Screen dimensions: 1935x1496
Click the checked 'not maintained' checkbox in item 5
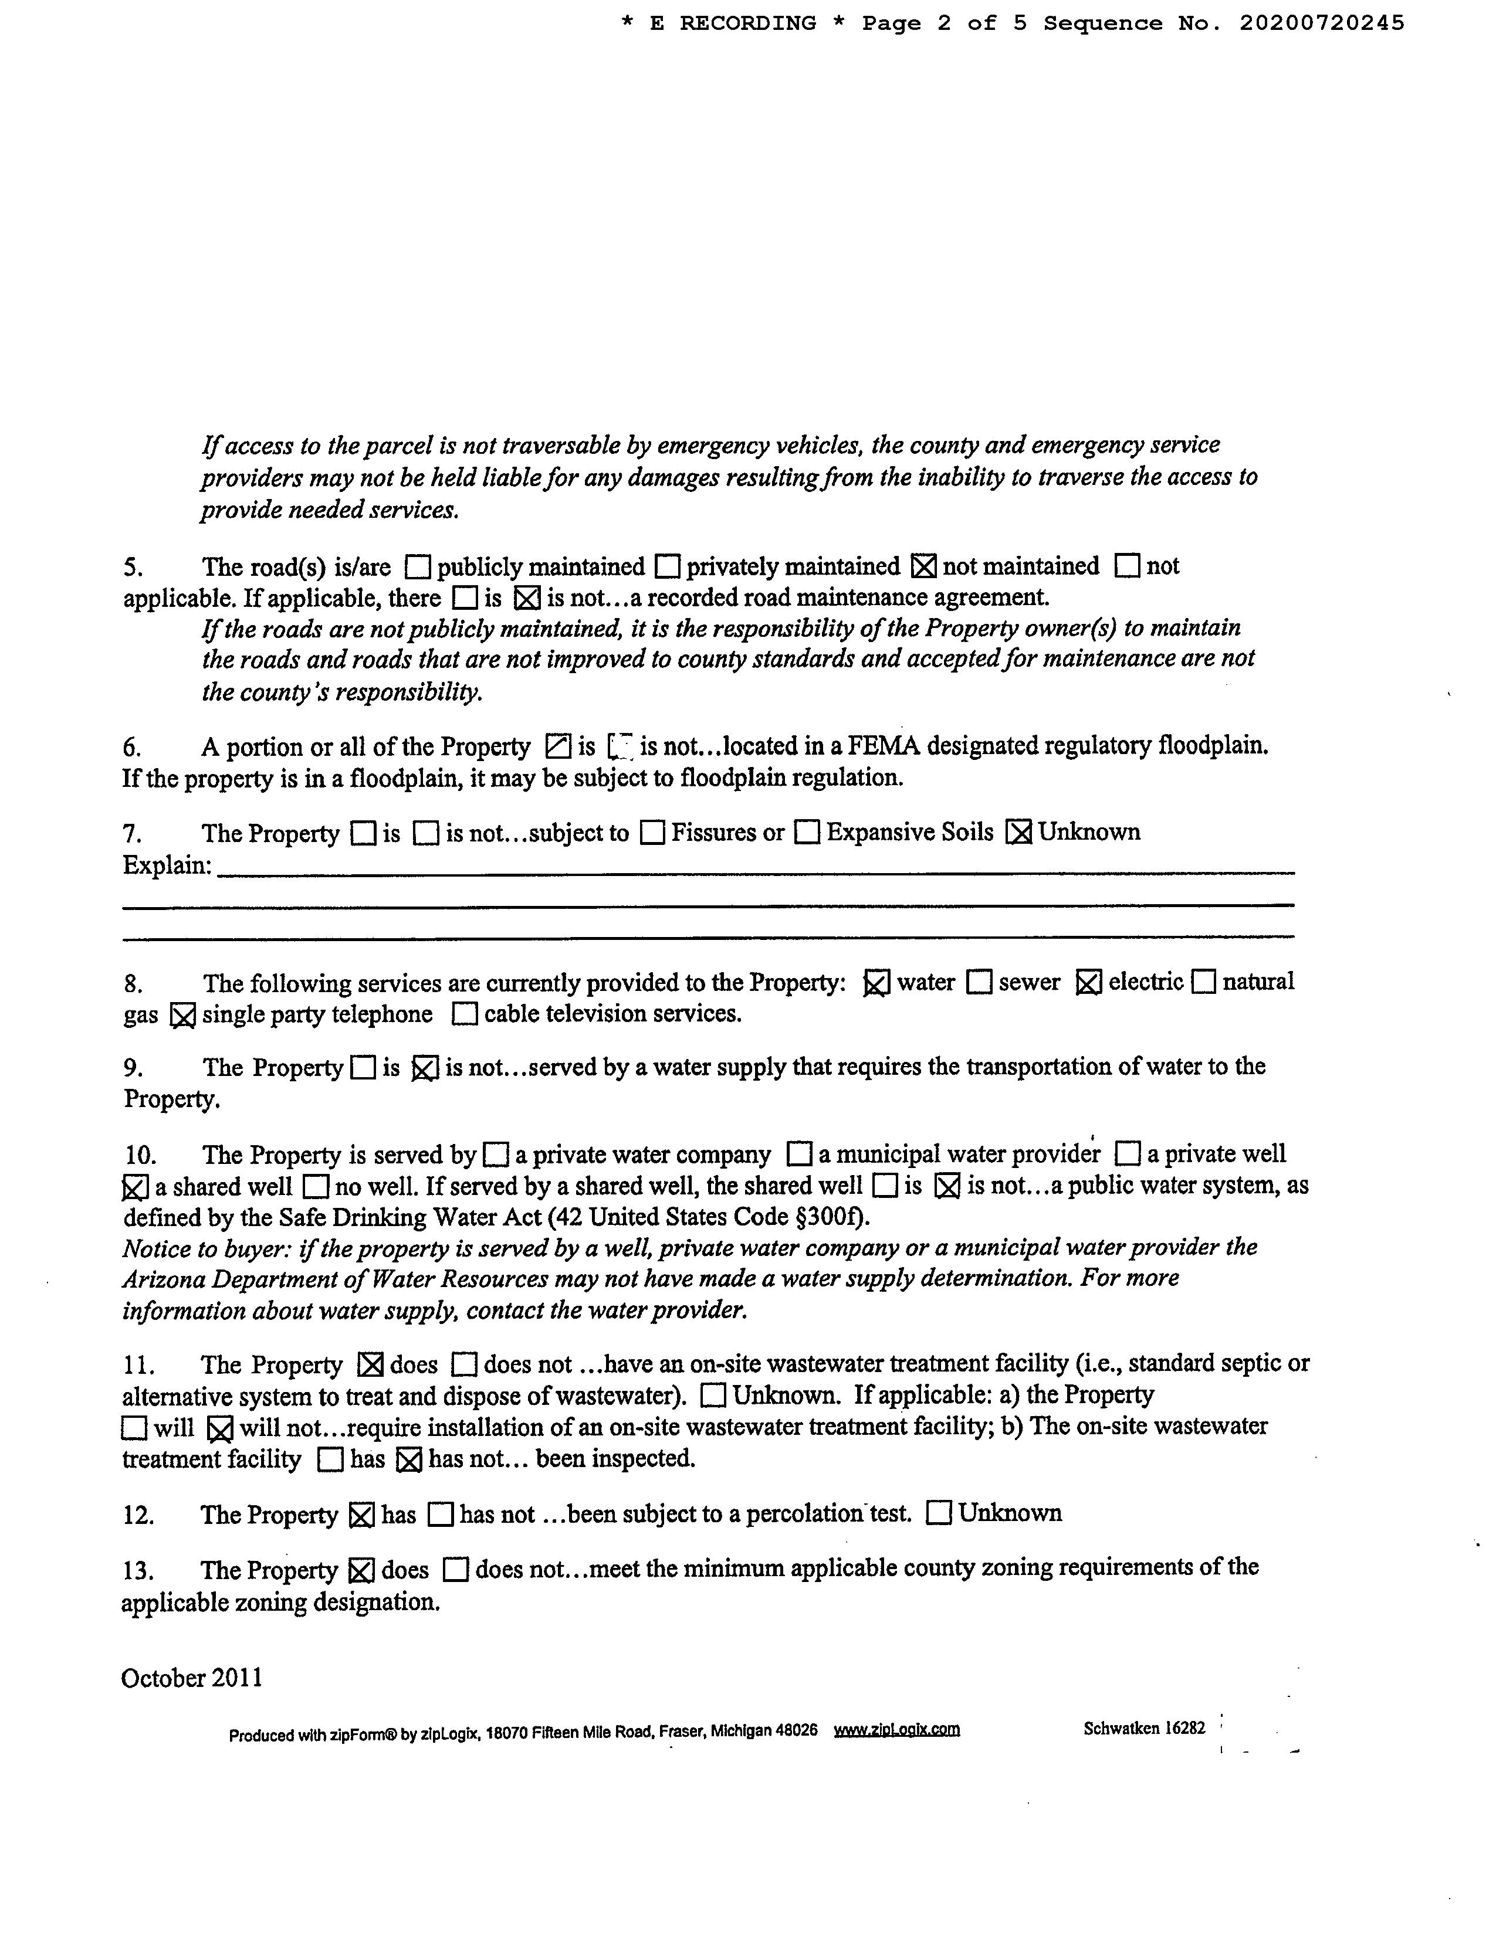coord(923,566)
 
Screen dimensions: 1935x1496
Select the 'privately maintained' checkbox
coord(668,566)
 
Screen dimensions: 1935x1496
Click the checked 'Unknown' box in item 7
coord(1018,833)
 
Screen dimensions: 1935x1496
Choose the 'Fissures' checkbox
coord(652,833)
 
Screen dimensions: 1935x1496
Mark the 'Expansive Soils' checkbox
coord(807,833)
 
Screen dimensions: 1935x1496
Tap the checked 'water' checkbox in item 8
coord(876,983)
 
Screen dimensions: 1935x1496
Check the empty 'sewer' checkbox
coord(979,983)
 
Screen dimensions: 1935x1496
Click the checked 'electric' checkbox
coord(1088,983)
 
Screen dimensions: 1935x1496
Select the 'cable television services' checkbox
coord(463,1014)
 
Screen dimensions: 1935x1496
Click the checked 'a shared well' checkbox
coord(134,1187)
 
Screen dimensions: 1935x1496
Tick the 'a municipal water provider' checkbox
coord(800,1155)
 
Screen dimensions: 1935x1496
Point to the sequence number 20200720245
coord(1321,23)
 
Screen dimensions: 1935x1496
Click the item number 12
coord(138,1516)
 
